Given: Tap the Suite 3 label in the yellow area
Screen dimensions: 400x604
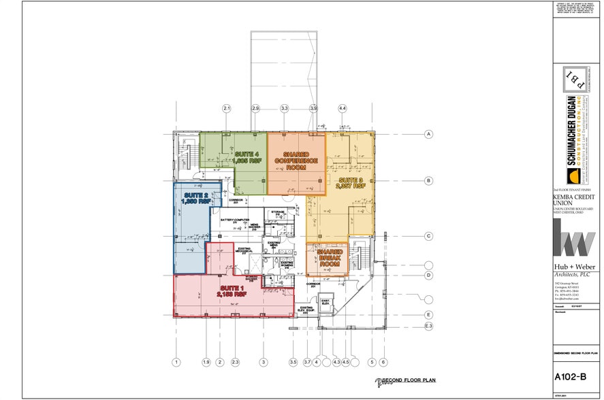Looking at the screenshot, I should point(352,182).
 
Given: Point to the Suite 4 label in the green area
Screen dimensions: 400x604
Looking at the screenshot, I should point(248,157).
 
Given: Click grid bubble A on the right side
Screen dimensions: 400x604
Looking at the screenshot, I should point(429,134).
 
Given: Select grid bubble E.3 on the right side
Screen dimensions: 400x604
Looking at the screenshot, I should point(429,327).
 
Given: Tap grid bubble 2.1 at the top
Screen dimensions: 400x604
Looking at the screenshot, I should point(227,109).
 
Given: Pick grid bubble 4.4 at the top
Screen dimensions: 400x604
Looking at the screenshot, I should point(342,109).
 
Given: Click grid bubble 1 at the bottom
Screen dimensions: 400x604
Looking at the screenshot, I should point(176,362).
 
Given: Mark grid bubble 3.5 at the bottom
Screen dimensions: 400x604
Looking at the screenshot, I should point(293,362).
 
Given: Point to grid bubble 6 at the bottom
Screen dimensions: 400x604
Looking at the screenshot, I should point(383,362).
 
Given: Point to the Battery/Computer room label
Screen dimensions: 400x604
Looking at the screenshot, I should point(236,221).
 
